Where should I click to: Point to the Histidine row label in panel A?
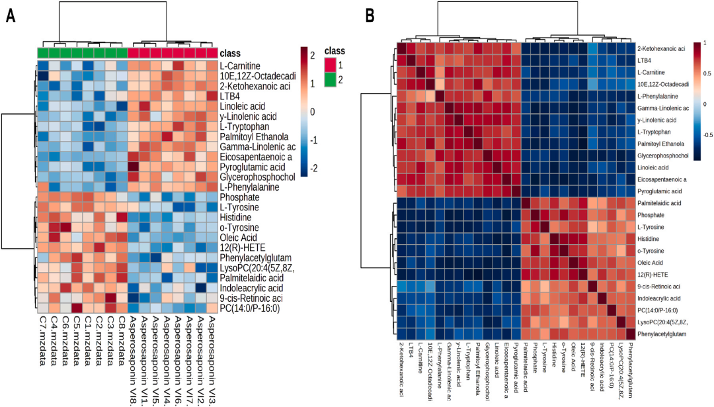(x=239, y=216)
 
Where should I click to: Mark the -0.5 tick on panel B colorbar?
(x=707, y=134)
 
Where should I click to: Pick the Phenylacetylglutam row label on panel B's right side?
(x=661, y=335)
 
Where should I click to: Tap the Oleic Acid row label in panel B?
(x=651, y=263)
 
